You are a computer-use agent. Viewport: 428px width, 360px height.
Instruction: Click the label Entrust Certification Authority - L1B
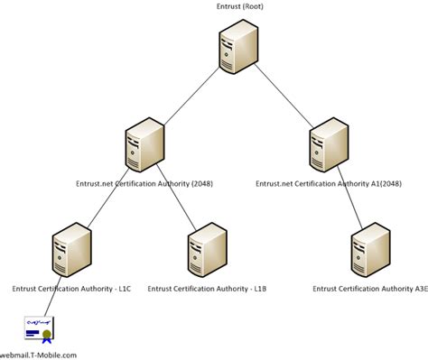[208, 289]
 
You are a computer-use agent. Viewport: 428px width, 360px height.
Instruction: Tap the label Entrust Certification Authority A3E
[369, 289]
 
